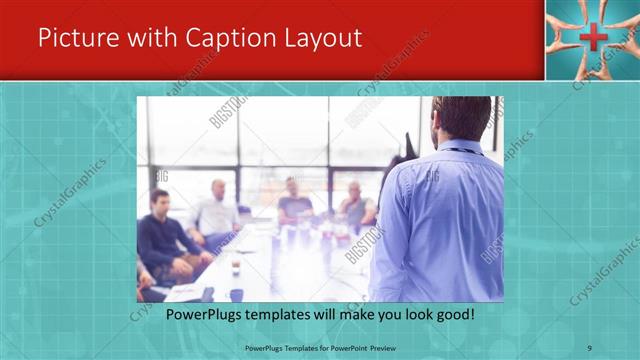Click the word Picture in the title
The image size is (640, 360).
(x=77, y=39)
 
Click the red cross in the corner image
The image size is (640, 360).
(x=592, y=39)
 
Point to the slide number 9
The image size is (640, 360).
(x=590, y=348)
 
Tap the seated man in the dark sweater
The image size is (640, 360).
(x=165, y=240)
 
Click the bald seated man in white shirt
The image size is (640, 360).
(x=217, y=210)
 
